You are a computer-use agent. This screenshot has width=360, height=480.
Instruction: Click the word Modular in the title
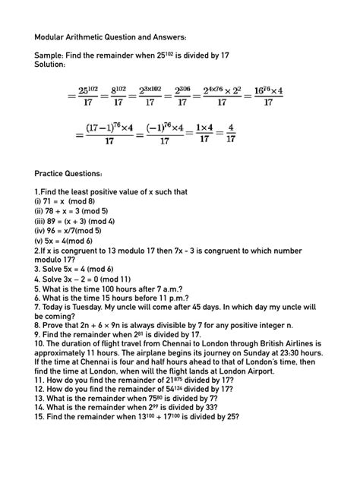(52, 36)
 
